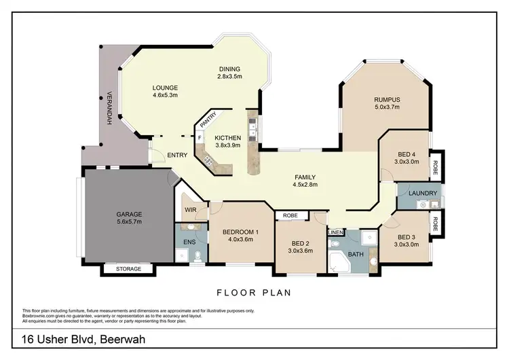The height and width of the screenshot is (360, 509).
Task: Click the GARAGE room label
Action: (x=128, y=214)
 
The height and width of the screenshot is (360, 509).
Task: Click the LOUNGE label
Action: (x=165, y=88)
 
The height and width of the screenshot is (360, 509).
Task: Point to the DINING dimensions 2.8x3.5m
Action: (x=229, y=77)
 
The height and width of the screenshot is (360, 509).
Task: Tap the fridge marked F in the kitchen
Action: (x=200, y=137)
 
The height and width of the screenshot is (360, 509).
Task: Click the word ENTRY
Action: (x=177, y=155)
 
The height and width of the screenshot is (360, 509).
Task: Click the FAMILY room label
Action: (x=304, y=178)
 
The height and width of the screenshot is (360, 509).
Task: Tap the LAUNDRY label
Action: (x=423, y=194)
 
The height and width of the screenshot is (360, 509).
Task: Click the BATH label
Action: (x=356, y=255)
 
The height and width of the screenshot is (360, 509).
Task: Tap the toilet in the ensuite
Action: (x=197, y=256)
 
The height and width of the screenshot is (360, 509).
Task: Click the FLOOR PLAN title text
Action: (x=254, y=293)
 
